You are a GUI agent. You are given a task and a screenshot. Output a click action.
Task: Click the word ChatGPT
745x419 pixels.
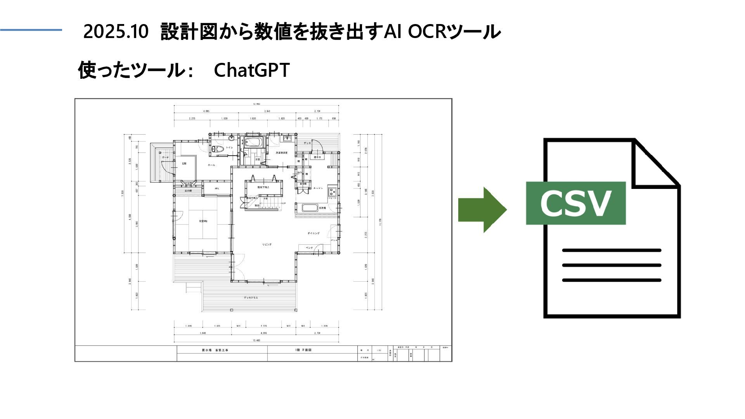pos(251,70)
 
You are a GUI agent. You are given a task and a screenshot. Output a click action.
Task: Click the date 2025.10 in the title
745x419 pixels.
pos(116,32)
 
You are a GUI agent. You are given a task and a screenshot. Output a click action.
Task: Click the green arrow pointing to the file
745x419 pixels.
pos(482,210)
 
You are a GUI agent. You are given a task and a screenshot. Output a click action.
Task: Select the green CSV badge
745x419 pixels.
pos(575,203)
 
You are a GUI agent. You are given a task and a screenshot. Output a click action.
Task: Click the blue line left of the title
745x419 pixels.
pos(31,30)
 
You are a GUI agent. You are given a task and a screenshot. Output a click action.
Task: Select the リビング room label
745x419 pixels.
pos(267,244)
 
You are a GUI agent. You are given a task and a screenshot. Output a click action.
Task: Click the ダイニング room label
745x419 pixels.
pos(313,233)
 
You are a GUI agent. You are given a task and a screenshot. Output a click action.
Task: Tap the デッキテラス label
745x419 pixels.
pos(251,298)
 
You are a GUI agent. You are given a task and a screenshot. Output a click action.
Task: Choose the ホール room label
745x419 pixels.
pos(211,165)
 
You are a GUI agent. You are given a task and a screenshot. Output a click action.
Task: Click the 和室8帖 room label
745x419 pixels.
pos(203,221)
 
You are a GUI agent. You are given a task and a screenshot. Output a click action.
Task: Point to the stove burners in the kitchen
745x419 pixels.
pos(332,191)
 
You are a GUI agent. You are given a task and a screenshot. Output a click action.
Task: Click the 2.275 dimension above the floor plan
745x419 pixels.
pos(192,118)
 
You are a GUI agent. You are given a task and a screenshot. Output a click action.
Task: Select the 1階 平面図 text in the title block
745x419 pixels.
pos(303,350)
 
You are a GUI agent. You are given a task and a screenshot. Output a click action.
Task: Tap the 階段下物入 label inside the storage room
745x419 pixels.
pos(263,187)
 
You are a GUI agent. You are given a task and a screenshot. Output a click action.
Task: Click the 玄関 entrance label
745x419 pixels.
pos(184,164)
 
